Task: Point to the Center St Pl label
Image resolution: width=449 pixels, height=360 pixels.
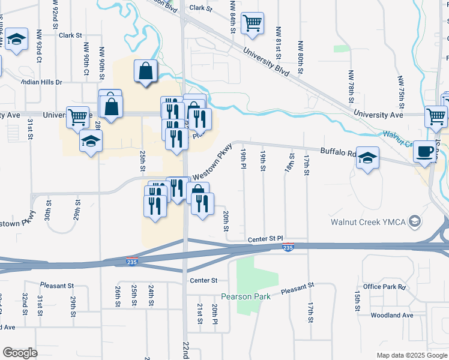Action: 265,240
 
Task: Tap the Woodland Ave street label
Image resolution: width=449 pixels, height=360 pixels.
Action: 392,315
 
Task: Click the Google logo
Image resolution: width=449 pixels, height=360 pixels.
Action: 20,353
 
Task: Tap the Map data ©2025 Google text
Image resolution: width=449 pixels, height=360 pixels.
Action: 411,355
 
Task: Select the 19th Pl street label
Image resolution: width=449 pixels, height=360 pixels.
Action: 244,161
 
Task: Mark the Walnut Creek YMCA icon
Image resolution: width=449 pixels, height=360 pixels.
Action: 414,222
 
